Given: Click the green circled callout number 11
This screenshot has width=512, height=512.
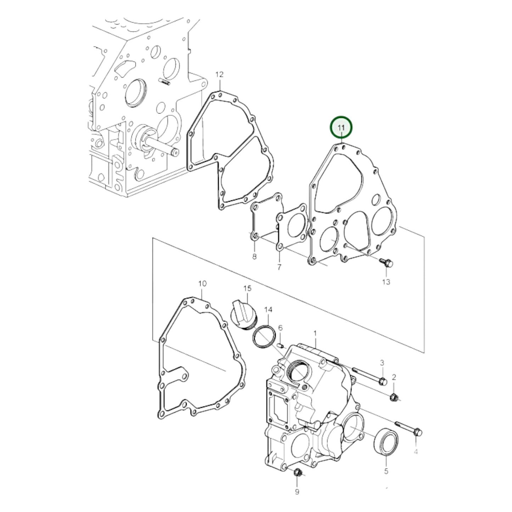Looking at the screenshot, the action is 341,128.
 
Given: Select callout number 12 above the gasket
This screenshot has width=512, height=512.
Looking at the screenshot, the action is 219,75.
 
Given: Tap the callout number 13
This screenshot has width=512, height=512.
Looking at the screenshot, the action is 386,282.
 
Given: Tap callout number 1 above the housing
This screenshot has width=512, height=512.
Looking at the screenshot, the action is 315,333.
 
